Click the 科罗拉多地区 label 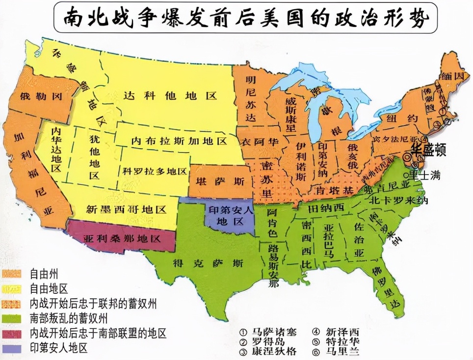[x=155, y=171]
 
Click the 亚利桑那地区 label [x=122, y=239]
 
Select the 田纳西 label [x=326, y=208]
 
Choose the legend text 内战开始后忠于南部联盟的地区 [x=98, y=334]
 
